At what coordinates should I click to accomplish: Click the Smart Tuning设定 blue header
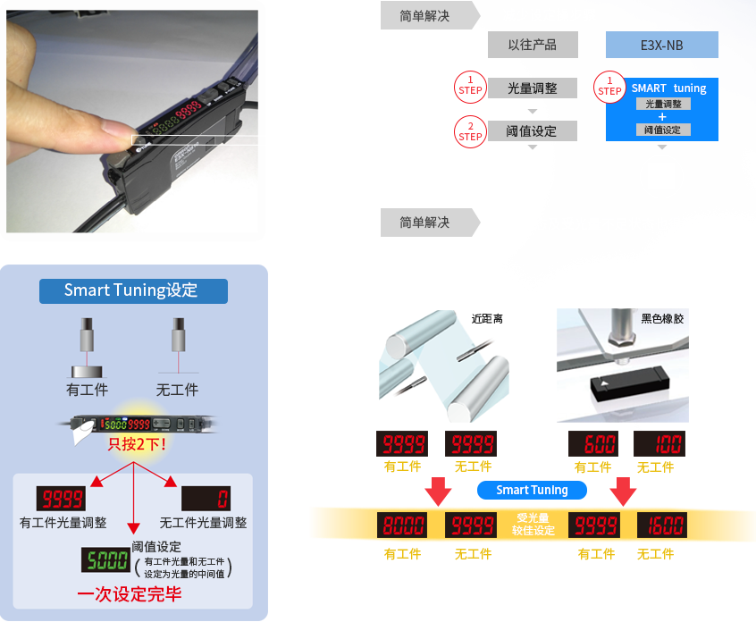pyautogui.click(x=132, y=290)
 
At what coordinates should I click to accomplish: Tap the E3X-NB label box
pyautogui.click(x=661, y=45)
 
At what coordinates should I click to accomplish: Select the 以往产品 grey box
pyautogui.click(x=531, y=45)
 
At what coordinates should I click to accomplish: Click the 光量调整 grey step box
pyautogui.click(x=532, y=88)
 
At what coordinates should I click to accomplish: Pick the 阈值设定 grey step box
pyautogui.click(x=532, y=130)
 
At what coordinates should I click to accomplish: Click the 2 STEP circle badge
pyautogui.click(x=470, y=131)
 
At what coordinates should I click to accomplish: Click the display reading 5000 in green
pyautogui.click(x=105, y=560)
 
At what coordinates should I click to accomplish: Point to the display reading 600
pyautogui.click(x=594, y=444)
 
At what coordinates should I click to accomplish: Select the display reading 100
pyautogui.click(x=659, y=444)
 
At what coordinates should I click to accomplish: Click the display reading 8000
pyautogui.click(x=402, y=525)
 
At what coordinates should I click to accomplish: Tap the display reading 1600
pyautogui.click(x=661, y=525)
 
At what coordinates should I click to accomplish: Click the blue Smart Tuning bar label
pyautogui.click(x=532, y=490)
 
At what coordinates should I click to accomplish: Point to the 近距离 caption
pyautogui.click(x=487, y=318)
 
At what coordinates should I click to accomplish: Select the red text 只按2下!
pyautogui.click(x=137, y=443)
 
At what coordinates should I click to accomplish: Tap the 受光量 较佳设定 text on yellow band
pyautogui.click(x=533, y=525)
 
